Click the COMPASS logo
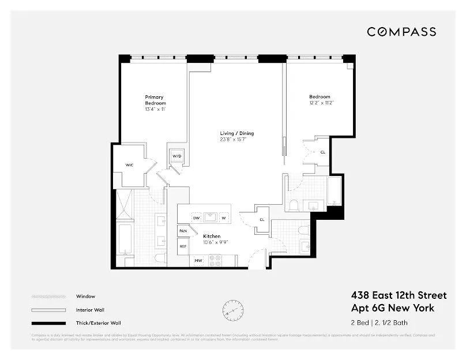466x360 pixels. (x=402, y=32)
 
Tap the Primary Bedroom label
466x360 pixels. (x=155, y=100)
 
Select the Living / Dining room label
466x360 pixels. (x=236, y=133)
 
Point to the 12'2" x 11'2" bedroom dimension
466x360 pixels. (x=321, y=103)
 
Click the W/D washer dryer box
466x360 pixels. (x=176, y=156)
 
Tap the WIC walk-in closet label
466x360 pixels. (x=130, y=165)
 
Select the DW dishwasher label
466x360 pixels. (x=196, y=217)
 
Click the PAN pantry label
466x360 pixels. (x=183, y=231)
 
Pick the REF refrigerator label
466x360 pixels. (x=183, y=246)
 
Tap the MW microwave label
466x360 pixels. (x=197, y=261)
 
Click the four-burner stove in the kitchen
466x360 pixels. (x=215, y=261)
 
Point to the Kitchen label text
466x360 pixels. (x=212, y=237)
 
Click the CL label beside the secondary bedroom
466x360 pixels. (x=322, y=152)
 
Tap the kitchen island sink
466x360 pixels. (x=210, y=217)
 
